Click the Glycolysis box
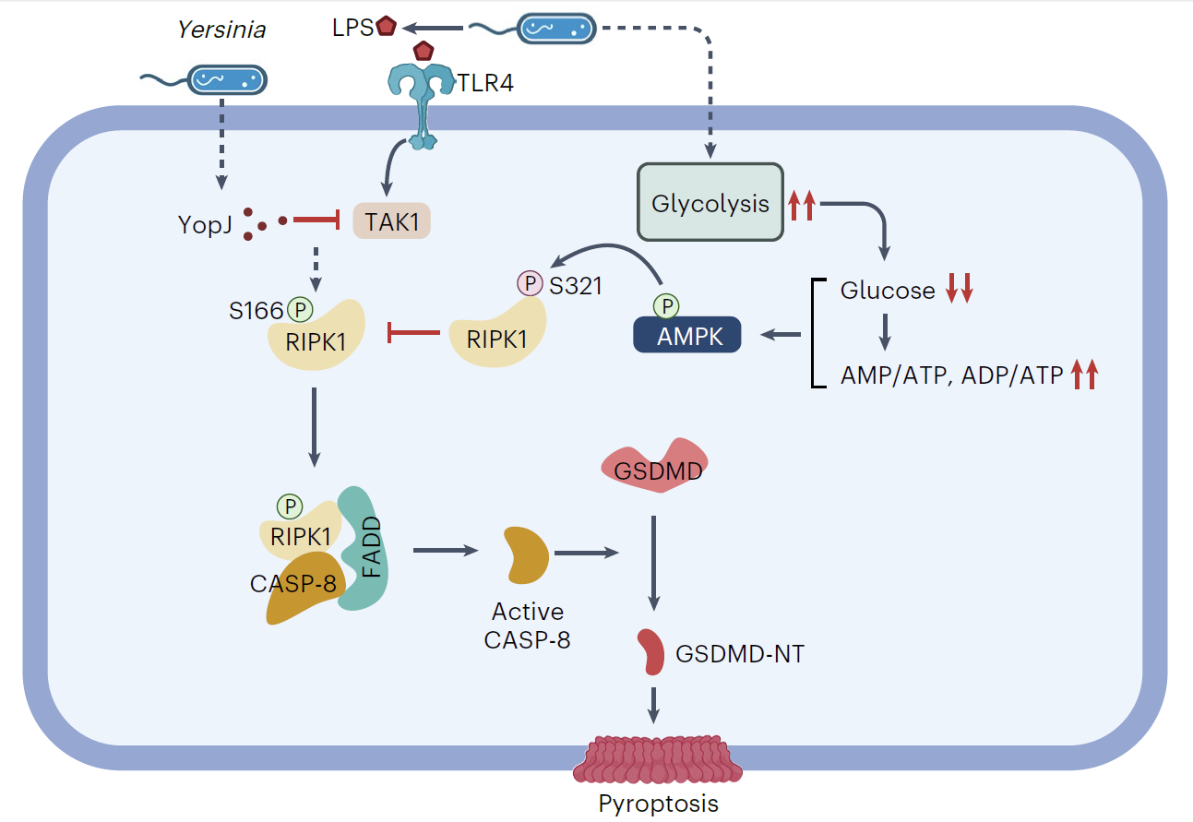tap(710, 204)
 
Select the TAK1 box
tap(392, 221)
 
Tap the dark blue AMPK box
tap(686, 335)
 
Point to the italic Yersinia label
tap(221, 30)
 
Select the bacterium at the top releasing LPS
tap(555, 28)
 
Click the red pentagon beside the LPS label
tap(386, 27)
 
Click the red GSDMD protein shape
tap(654, 468)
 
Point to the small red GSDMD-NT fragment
tap(652, 651)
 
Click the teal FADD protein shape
tap(365, 549)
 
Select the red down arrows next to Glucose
tap(959, 291)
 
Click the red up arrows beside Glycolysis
tap(801, 204)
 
